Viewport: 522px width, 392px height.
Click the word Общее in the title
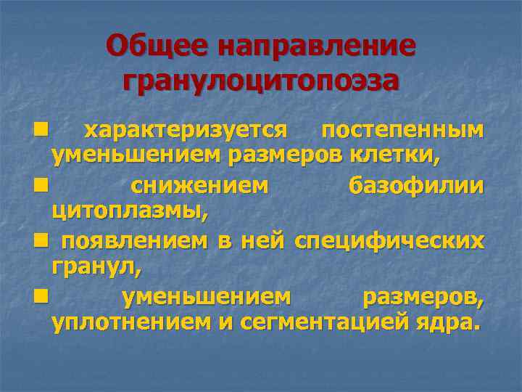pos(156,47)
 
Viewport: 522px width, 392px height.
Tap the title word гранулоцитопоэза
pos(261,80)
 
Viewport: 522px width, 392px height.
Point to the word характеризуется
pos(186,130)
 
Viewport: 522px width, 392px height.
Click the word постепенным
pos(402,130)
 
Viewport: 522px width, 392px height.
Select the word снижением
pos(199,187)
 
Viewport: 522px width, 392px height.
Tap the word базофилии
pos(415,187)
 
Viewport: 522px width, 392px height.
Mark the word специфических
pos(389,242)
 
